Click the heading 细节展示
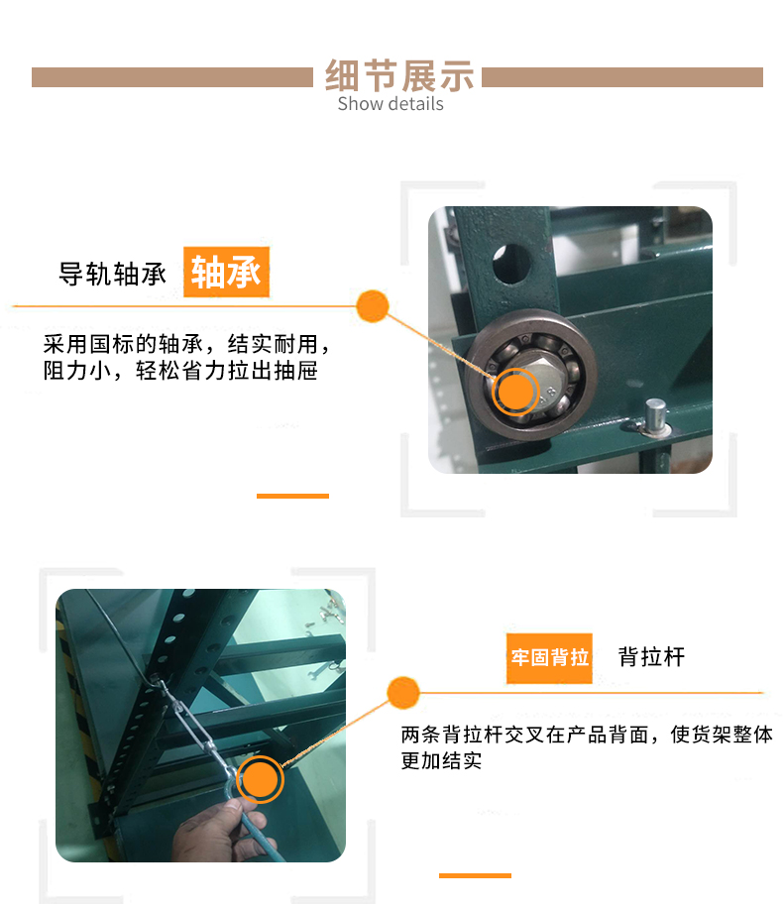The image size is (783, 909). pyautogui.click(x=399, y=75)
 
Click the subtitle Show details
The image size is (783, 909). pyautogui.click(x=391, y=104)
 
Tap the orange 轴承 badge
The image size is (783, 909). pyautogui.click(x=227, y=272)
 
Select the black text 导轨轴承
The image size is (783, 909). pyautogui.click(x=112, y=274)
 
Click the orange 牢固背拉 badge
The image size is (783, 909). pyautogui.click(x=549, y=658)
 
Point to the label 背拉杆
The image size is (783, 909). pyautogui.click(x=652, y=657)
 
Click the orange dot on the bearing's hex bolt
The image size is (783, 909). pyautogui.click(x=515, y=392)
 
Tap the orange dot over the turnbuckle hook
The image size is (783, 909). pyautogui.click(x=260, y=779)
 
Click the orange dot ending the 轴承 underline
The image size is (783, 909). pyautogui.click(x=373, y=306)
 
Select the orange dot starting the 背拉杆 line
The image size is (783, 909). pyautogui.click(x=402, y=693)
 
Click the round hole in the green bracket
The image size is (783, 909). pyautogui.click(x=512, y=264)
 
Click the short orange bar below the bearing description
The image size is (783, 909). pyautogui.click(x=292, y=496)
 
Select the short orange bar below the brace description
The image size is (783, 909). pyautogui.click(x=475, y=875)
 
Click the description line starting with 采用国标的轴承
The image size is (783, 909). pyautogui.click(x=186, y=344)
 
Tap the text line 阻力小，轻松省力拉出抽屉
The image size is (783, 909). pyautogui.click(x=180, y=371)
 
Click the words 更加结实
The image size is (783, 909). pyautogui.click(x=442, y=760)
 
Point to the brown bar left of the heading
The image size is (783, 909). pyautogui.click(x=172, y=77)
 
